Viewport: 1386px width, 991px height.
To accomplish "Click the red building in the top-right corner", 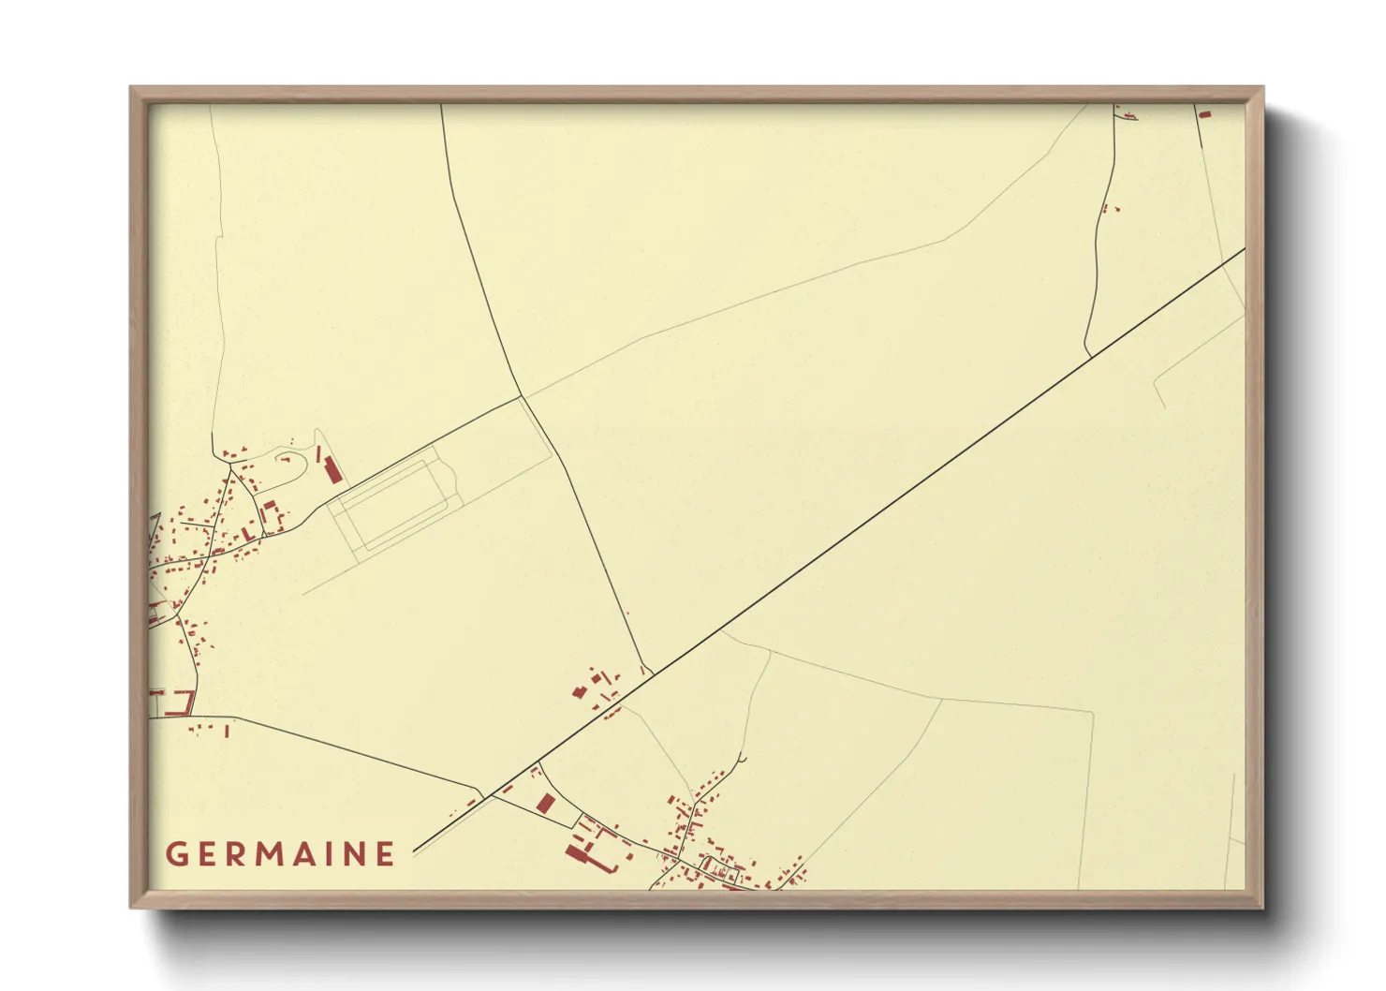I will click(x=1205, y=114).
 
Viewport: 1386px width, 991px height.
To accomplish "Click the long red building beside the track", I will click(x=332, y=468).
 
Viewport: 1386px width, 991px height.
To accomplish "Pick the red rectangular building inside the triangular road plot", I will click(x=546, y=804).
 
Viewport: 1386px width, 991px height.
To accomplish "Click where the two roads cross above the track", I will click(x=521, y=397).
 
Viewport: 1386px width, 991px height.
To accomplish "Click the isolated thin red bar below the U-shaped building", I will click(x=228, y=731).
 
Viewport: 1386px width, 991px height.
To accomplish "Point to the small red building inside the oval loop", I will click(x=284, y=459).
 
